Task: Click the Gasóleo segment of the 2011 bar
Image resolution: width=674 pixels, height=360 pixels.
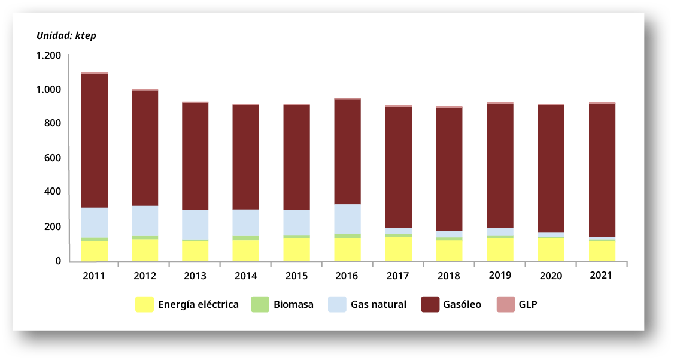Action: tap(95, 141)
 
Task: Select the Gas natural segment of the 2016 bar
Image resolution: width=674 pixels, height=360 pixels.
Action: tap(348, 219)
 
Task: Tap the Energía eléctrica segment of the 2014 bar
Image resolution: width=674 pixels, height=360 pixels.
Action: tap(246, 250)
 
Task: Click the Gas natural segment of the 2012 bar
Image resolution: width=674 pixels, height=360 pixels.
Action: tap(145, 220)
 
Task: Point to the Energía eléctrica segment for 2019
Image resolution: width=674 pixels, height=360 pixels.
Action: tap(500, 249)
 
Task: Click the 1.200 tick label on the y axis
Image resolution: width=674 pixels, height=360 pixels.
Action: tap(48, 56)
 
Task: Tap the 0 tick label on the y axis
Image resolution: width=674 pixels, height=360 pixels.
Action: tap(58, 261)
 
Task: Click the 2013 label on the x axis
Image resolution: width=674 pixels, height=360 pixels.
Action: tap(195, 276)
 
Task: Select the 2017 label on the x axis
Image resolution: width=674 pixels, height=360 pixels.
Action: tap(398, 276)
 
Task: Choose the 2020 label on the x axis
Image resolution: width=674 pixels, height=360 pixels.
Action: tap(550, 276)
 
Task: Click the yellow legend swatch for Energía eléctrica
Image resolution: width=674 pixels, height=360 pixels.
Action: tap(144, 304)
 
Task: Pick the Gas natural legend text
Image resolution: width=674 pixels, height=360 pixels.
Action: tap(378, 304)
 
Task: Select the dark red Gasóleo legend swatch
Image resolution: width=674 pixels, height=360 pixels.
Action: tap(430, 304)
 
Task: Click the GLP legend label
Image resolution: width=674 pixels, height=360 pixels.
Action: tap(528, 304)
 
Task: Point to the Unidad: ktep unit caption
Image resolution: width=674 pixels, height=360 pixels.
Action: tap(66, 35)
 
